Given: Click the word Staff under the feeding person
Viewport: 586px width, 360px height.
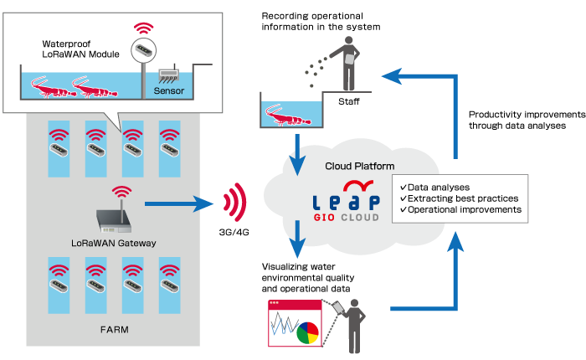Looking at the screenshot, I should pyautogui.click(x=349, y=101).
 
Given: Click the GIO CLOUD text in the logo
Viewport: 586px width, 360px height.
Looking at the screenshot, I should pyautogui.click(x=348, y=218).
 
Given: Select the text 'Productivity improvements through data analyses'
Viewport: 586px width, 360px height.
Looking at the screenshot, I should pyautogui.click(x=518, y=120).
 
